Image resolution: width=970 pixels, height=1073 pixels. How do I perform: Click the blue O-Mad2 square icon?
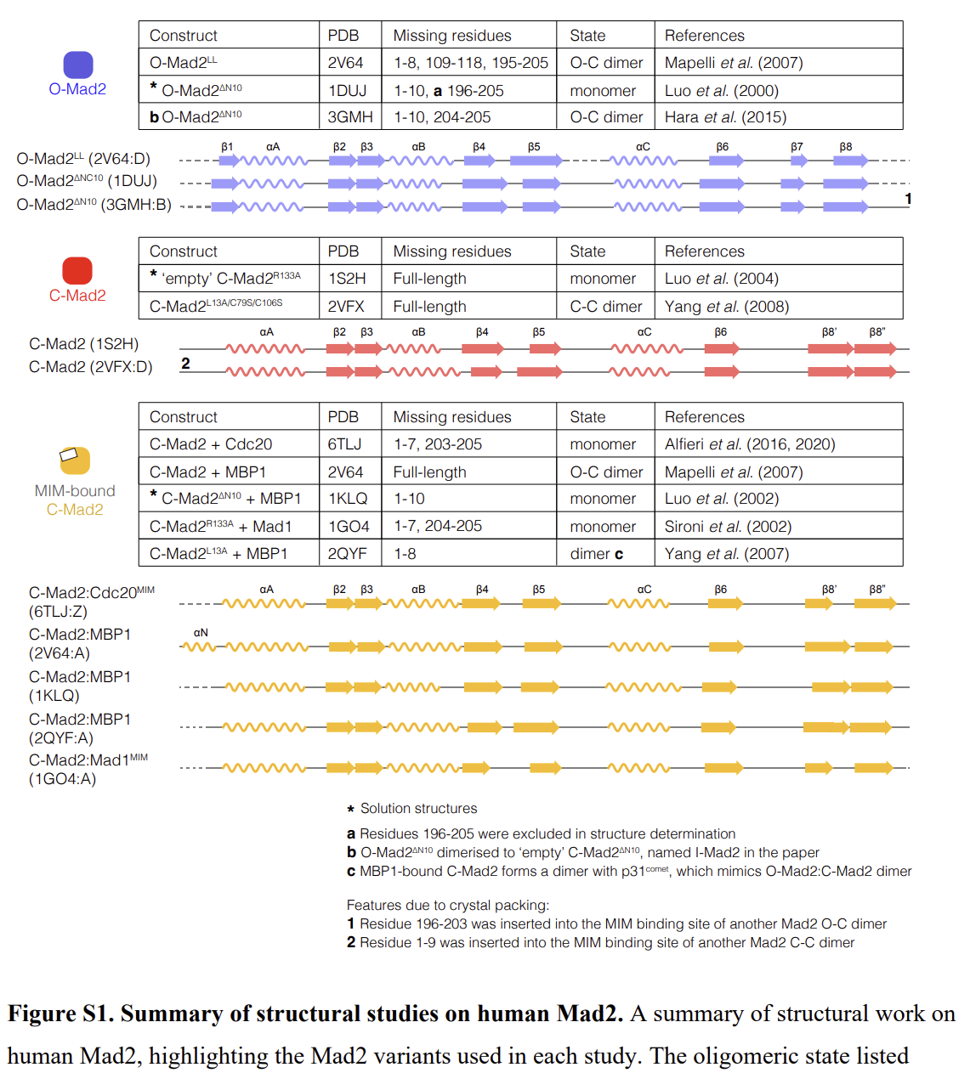point(78,65)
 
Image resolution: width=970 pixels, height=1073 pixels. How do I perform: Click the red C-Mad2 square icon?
point(77,270)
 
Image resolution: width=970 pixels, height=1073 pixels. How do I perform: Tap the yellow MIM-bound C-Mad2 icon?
point(75,460)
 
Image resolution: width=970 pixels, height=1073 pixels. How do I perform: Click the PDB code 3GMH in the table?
point(349,117)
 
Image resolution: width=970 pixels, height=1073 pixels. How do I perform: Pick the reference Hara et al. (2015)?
point(725,117)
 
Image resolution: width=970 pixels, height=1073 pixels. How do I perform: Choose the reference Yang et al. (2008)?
point(726,307)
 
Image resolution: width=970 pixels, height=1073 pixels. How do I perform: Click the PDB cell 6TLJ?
point(344,444)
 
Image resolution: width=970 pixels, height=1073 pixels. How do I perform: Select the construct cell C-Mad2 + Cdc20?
point(211,444)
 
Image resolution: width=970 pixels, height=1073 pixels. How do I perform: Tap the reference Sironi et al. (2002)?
point(728,527)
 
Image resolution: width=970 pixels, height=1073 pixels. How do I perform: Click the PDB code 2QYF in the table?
point(347,554)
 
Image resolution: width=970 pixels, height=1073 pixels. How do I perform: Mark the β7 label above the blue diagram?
point(797,147)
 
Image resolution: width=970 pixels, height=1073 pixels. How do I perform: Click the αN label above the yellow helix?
point(201,633)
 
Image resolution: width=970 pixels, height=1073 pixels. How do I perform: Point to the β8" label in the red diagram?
point(876,332)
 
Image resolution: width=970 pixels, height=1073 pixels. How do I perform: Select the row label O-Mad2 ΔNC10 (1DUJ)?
point(87,181)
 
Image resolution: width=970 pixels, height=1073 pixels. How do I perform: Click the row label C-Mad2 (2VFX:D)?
point(91,367)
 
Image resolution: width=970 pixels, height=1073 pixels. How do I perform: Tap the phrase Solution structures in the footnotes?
point(418,809)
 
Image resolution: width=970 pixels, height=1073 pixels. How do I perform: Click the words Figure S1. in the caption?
point(60,1014)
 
